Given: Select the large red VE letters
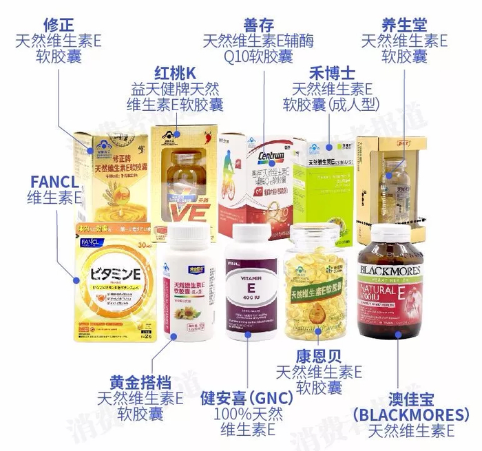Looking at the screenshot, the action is (185, 204).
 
